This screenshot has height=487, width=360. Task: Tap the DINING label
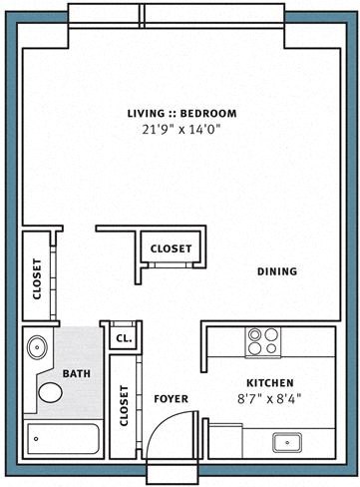277,271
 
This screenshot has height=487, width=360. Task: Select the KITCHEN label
268,383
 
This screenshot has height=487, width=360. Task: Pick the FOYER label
171,399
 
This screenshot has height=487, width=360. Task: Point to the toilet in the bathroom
48,390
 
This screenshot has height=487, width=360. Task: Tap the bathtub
63,440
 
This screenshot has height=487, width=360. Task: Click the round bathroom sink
37,348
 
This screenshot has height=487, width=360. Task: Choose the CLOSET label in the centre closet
172,248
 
